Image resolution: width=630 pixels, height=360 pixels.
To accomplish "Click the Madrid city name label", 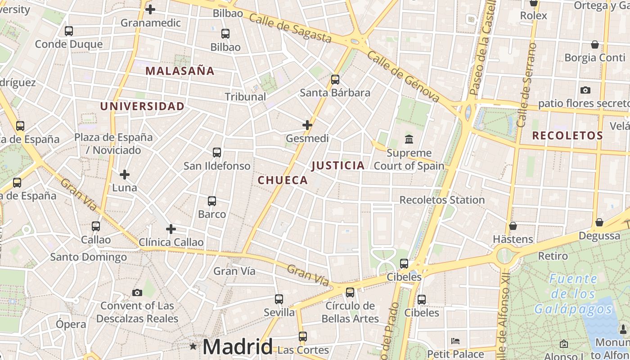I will [x=237, y=346].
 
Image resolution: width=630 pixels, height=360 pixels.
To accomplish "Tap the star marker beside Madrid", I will [x=193, y=346].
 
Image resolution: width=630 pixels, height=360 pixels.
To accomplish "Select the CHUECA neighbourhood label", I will [x=283, y=180].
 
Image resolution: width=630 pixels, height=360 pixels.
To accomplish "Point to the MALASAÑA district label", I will [x=180, y=71].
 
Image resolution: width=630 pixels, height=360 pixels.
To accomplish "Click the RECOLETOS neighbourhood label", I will [x=567, y=135].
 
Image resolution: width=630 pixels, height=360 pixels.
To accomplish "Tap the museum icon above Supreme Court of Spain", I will [x=409, y=139].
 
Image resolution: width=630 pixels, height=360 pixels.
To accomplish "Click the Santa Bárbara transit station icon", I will [x=335, y=80].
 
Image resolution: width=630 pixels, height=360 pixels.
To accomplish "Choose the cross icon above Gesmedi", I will [x=307, y=125].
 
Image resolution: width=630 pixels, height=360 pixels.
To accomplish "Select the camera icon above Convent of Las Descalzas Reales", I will [x=137, y=292].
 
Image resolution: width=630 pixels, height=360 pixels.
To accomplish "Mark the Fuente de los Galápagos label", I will [x=573, y=294].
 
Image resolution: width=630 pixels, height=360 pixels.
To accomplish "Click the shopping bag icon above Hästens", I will [x=513, y=226].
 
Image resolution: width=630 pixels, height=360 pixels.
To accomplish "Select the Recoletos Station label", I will [x=442, y=200].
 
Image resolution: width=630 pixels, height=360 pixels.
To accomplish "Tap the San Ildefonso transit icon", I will [x=217, y=153].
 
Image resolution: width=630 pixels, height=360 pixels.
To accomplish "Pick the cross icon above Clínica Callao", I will [x=171, y=229].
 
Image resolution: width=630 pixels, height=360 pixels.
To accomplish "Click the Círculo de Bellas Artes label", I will [x=350, y=312].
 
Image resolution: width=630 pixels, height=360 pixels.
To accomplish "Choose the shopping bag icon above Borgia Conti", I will [x=595, y=45].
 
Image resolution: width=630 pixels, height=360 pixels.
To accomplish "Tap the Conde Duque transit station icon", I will [x=69, y=31].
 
